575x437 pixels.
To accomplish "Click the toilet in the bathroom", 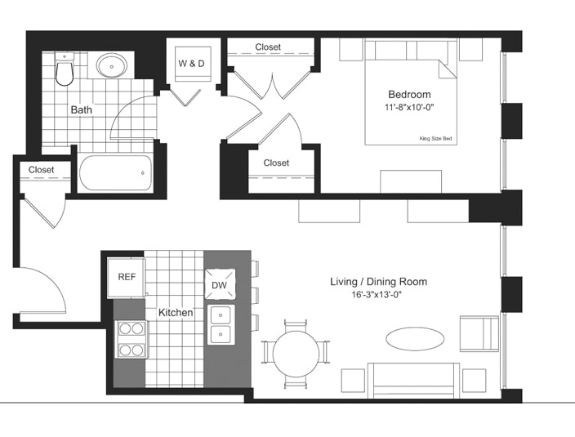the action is tap(65, 69).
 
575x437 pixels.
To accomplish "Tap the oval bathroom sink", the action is tap(111, 65).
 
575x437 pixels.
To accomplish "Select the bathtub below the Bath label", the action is tap(115, 172).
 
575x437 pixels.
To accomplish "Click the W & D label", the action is tap(191, 64).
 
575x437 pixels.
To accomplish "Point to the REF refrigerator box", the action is tap(126, 278).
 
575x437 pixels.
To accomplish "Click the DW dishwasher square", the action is tap(220, 284).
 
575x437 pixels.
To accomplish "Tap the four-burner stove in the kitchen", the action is tap(131, 339).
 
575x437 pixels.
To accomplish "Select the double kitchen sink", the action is tap(221, 325).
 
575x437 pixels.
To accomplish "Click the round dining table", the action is tap(296, 354).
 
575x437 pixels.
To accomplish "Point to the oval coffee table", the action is tap(415, 339).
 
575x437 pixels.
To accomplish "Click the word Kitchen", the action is tap(176, 313).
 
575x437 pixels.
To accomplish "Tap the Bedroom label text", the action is tap(410, 95).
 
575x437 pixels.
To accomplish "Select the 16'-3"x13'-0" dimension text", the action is tap(377, 295).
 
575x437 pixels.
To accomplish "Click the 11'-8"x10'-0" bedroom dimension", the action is tap(409, 108).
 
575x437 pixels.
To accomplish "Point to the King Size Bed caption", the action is tap(435, 139).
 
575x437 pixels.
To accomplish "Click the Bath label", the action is tap(82, 110).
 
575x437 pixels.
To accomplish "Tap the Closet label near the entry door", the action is tap(41, 170).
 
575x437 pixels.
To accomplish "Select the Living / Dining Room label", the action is tap(379, 282).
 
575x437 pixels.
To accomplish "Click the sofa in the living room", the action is tap(413, 381).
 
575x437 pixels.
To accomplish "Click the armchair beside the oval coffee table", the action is tap(479, 333).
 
